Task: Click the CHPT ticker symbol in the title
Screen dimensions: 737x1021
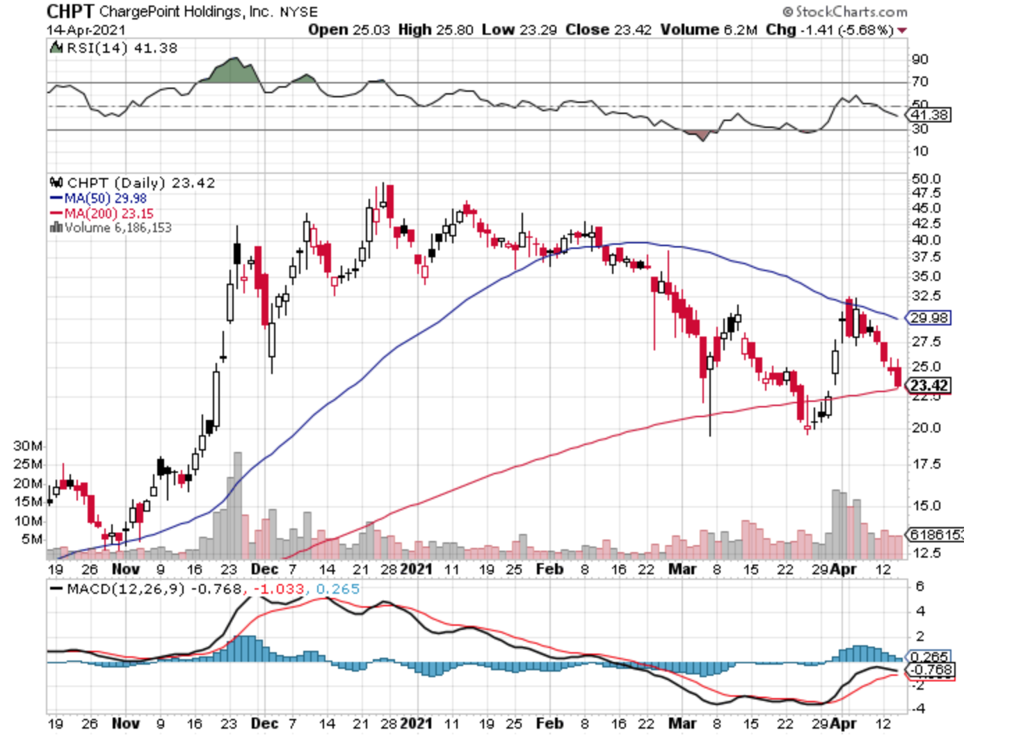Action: pyautogui.click(x=70, y=11)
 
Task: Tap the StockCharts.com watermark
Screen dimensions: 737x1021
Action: pyautogui.click(x=845, y=12)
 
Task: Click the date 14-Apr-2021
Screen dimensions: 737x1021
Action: pyautogui.click(x=86, y=30)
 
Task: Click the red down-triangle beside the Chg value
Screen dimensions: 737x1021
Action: pyautogui.click(x=902, y=31)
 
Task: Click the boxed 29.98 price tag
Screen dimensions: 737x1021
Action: pyautogui.click(x=929, y=318)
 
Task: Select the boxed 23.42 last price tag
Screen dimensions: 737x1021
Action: pyautogui.click(x=929, y=385)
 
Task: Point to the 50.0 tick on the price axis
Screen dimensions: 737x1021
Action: pyautogui.click(x=926, y=179)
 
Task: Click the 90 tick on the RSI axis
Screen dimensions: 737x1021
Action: pyautogui.click(x=919, y=60)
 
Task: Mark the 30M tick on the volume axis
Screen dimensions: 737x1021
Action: pyautogui.click(x=28, y=446)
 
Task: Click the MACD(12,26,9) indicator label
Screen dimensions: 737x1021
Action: pyautogui.click(x=126, y=589)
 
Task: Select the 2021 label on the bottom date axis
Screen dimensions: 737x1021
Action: pyautogui.click(x=416, y=723)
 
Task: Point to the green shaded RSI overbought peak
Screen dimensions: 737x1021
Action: pyautogui.click(x=233, y=70)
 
